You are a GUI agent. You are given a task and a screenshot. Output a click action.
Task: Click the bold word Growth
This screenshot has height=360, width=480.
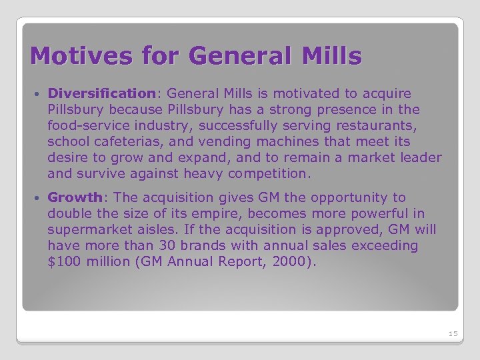(75, 197)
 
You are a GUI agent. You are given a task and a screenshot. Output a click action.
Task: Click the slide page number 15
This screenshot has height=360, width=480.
(453, 333)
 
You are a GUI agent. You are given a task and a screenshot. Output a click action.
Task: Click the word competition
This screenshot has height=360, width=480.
(269, 173)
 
